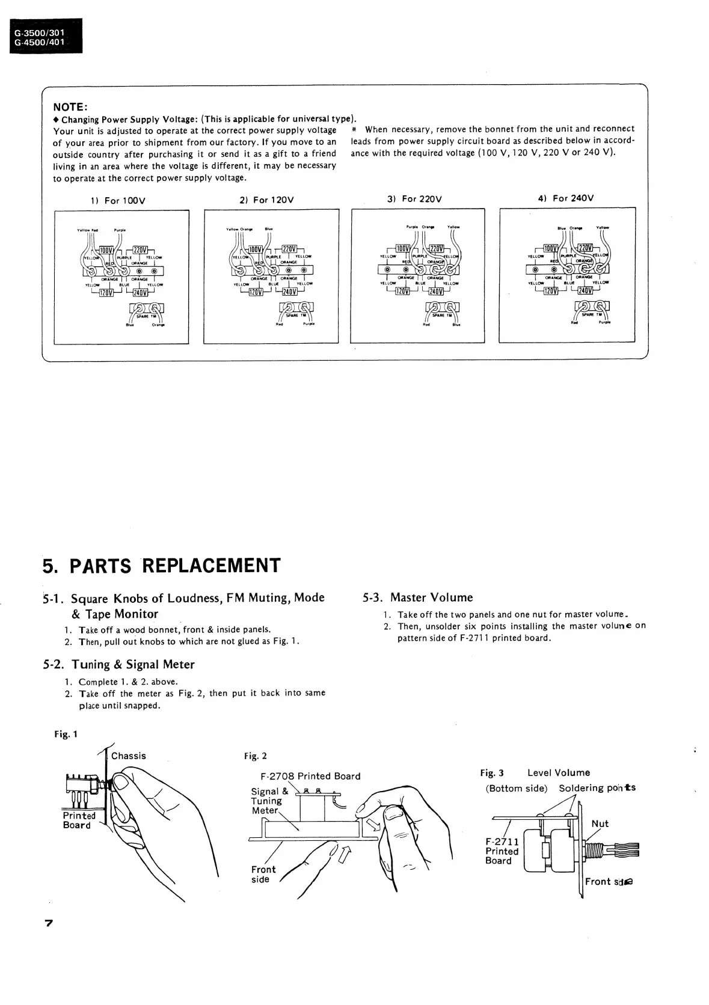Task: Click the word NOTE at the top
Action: [x=71, y=107]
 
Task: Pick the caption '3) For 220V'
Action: [x=414, y=199]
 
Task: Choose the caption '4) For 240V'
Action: [x=565, y=198]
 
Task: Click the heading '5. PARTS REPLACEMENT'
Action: [x=162, y=566]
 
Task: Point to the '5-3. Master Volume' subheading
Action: [x=418, y=597]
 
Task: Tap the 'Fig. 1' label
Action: [x=66, y=734]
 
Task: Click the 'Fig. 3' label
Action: [x=492, y=773]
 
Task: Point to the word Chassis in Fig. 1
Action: [x=128, y=756]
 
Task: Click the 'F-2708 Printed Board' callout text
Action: [x=310, y=776]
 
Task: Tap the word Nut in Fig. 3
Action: [x=600, y=823]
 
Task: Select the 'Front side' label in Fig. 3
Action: [x=609, y=882]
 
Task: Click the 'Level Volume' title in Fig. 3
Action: [x=559, y=773]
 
